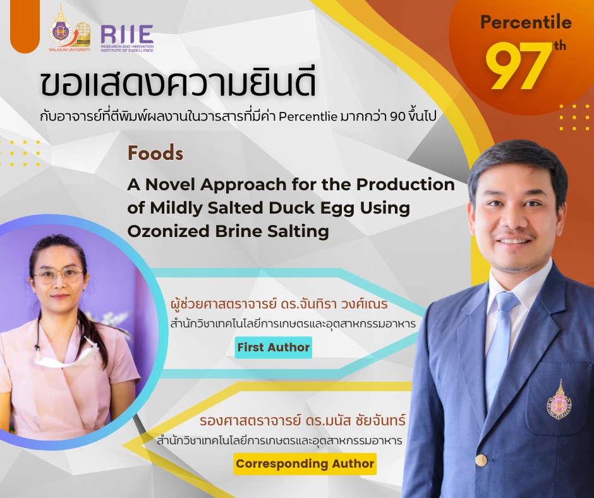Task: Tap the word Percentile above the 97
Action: pyautogui.click(x=526, y=23)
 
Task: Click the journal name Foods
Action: pyautogui.click(x=155, y=154)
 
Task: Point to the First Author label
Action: pyautogui.click(x=273, y=347)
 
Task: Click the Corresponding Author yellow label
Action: pyautogui.click(x=305, y=464)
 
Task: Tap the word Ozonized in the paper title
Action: pyautogui.click(x=163, y=231)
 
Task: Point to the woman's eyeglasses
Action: pyautogui.click(x=58, y=276)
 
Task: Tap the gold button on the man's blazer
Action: pyautogui.click(x=481, y=459)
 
